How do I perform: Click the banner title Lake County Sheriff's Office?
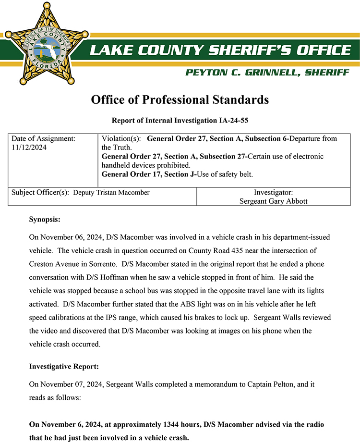tap(219, 49)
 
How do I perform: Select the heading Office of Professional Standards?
tap(180, 100)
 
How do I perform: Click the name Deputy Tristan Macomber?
tap(111, 192)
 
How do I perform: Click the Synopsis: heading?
tap(45, 220)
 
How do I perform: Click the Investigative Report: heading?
tap(64, 366)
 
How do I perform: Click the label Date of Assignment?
tap(43, 139)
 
